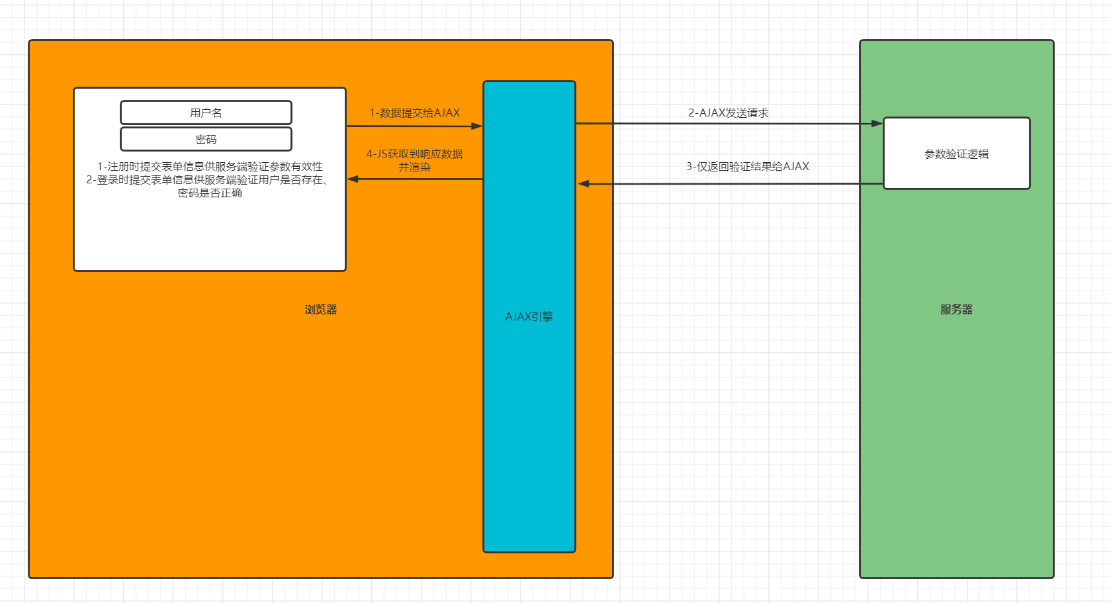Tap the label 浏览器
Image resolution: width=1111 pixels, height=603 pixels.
tap(321, 309)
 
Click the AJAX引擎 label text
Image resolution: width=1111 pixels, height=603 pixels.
tap(529, 316)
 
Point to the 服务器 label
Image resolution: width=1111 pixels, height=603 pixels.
tap(956, 309)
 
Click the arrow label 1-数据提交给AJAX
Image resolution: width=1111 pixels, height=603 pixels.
tap(414, 113)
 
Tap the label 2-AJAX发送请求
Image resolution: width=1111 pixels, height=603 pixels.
tap(728, 113)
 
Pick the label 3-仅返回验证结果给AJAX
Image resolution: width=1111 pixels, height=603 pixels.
tap(747, 167)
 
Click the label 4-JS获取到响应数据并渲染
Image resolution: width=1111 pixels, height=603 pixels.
tap(414, 160)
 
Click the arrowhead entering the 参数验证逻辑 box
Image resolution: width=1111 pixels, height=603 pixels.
tap(877, 123)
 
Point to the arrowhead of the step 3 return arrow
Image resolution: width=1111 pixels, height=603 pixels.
tap(584, 183)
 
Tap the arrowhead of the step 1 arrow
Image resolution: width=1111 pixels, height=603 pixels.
tap(476, 126)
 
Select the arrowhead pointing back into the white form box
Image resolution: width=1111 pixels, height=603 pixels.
tap(353, 179)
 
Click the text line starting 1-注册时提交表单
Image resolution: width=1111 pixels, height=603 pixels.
tap(210, 166)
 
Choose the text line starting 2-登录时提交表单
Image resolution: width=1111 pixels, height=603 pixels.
tap(206, 179)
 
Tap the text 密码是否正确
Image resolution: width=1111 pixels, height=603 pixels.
tap(210, 193)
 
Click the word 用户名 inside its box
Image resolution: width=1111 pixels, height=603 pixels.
tap(206, 113)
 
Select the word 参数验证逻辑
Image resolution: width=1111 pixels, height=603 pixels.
tap(956, 154)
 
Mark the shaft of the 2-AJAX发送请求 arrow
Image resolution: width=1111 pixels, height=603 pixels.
tap(728, 123)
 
